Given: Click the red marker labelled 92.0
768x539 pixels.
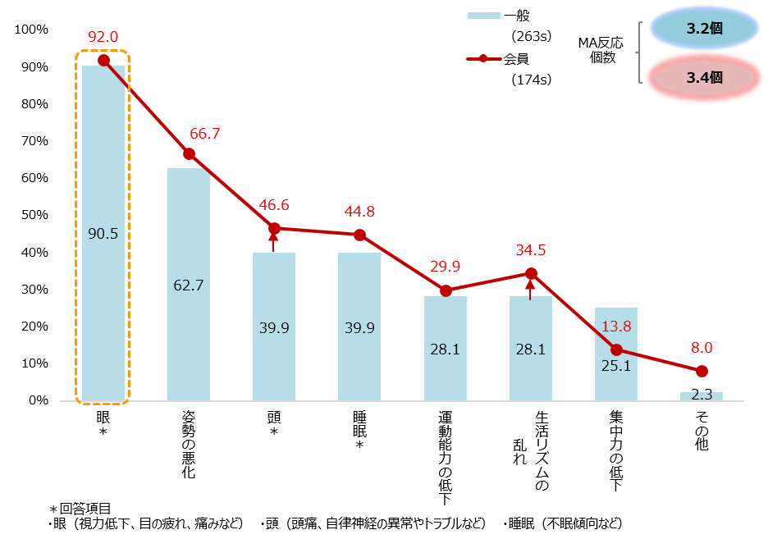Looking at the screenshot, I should click(103, 60).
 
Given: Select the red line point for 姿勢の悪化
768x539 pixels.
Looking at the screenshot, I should click(189, 153).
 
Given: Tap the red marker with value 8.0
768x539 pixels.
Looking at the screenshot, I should click(702, 371).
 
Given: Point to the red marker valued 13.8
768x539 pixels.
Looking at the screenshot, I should click(616, 349).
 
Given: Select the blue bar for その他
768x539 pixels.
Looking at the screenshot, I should click(702, 396).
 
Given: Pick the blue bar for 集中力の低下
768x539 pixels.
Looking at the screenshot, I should click(616, 377).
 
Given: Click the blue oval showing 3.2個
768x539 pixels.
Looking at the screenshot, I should click(704, 28).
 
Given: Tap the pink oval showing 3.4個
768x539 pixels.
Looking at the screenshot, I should click(704, 78).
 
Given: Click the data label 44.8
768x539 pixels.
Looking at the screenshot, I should click(359, 212).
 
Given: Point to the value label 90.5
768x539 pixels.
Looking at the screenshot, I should click(103, 234).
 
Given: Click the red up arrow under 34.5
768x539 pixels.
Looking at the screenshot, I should click(530, 290).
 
